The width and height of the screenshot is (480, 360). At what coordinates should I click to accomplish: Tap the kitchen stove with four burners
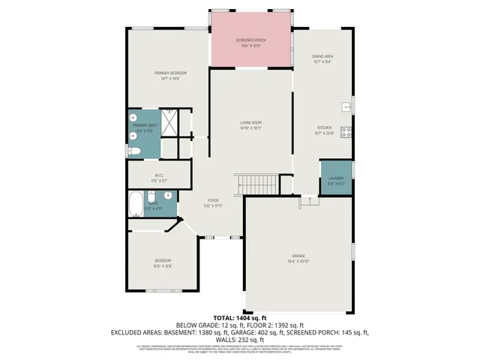346,133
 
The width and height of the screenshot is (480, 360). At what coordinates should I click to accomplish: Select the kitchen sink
346,107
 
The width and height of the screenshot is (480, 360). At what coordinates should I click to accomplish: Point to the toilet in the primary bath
134,151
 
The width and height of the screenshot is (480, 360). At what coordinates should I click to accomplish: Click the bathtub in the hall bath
136,204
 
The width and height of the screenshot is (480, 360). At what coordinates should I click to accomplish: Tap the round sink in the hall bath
169,197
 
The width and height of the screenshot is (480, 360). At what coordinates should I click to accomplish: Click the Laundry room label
335,178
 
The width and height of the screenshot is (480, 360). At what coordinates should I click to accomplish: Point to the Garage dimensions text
298,262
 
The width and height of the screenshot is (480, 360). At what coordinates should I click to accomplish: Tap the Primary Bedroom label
170,73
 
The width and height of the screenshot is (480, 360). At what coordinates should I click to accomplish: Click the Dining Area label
323,57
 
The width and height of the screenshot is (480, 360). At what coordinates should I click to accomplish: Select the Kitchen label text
323,128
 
